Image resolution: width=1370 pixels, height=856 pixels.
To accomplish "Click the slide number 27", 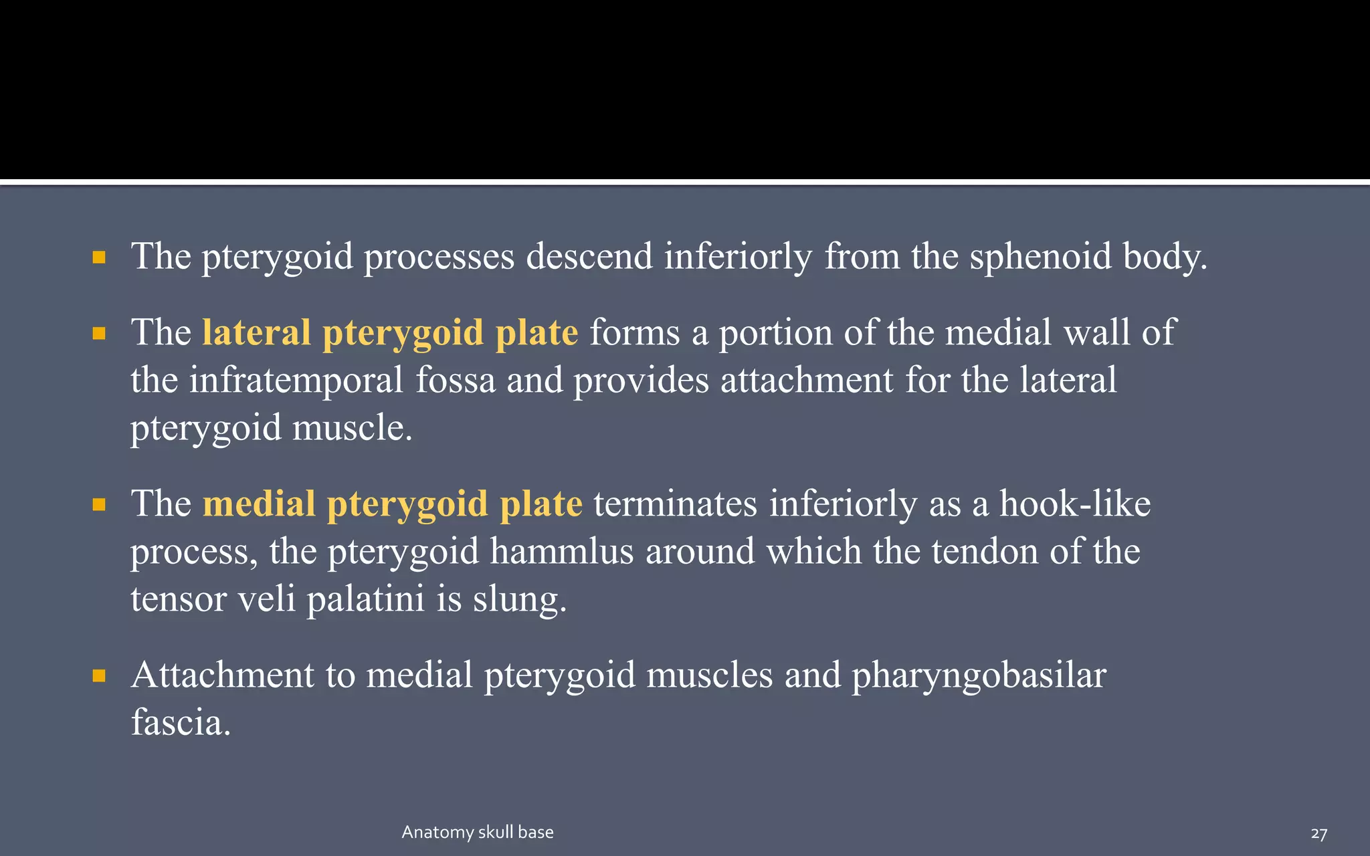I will [x=1318, y=833].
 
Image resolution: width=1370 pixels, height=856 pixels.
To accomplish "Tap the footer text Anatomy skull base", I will [x=478, y=832].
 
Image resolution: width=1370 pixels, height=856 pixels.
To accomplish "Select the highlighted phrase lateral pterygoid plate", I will [x=390, y=332].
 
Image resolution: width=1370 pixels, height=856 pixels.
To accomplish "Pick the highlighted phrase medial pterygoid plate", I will [x=392, y=504].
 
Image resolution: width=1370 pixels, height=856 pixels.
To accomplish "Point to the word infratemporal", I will [x=296, y=380].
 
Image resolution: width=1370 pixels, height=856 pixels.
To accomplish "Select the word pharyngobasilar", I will [x=979, y=675].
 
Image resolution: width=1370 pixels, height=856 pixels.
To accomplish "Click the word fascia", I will [x=181, y=722].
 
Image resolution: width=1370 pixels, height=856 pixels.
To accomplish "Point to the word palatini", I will [x=365, y=599].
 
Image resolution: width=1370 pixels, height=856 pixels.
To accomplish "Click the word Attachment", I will [x=223, y=675].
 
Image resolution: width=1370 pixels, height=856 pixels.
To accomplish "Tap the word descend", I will [x=589, y=256].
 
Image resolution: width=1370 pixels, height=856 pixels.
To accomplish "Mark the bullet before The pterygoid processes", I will [x=99, y=257].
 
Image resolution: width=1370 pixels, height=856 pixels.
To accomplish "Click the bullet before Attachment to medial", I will [x=99, y=676].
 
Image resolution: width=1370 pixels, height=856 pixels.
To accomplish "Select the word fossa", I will [x=455, y=380].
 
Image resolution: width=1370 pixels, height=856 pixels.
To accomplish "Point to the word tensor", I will [x=179, y=599].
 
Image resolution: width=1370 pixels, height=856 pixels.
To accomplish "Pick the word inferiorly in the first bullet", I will [x=739, y=256].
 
